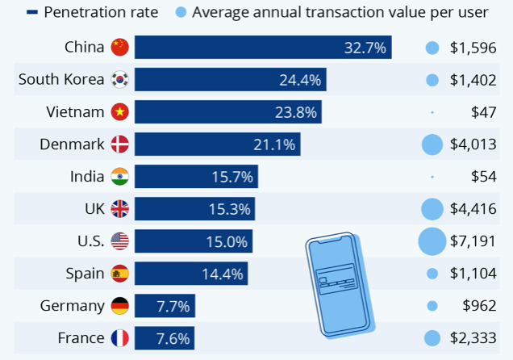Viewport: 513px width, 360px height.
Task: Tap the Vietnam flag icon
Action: coord(120,112)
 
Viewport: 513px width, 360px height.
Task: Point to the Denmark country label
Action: coord(72,144)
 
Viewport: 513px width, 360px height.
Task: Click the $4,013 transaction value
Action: coord(473,144)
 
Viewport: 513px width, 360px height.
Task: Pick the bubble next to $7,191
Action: coord(432,241)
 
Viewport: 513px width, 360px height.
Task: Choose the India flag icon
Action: coord(120,177)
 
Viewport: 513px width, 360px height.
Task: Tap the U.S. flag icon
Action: coord(120,241)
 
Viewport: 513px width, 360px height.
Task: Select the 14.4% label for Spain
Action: coord(223,274)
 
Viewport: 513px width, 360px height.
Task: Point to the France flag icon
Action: coord(120,338)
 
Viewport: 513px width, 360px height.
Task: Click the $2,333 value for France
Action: coord(473,338)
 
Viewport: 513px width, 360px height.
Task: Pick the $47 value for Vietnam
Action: coord(483,112)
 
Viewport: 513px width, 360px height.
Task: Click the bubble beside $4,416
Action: coord(432,209)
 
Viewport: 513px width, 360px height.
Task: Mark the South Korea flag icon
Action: coord(120,80)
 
